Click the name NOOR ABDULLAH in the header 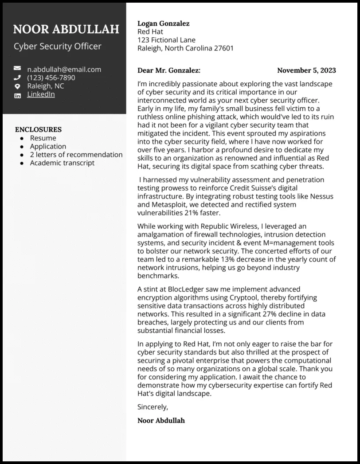point(66,29)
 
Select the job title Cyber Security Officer point(58,46)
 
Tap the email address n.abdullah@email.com point(64,69)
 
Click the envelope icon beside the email point(17,69)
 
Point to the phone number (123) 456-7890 point(51,78)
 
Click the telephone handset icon point(17,78)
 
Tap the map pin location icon point(17,86)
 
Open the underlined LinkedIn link point(41,94)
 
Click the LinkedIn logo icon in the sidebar point(17,95)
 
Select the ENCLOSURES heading point(38,129)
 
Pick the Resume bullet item point(43,138)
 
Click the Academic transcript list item point(62,163)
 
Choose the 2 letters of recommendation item point(76,155)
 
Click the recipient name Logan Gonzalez point(164,23)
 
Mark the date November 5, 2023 point(306,70)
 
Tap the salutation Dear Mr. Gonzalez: point(169,70)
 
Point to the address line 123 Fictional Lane point(166,40)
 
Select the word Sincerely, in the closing point(153,407)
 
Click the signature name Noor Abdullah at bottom point(161,420)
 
